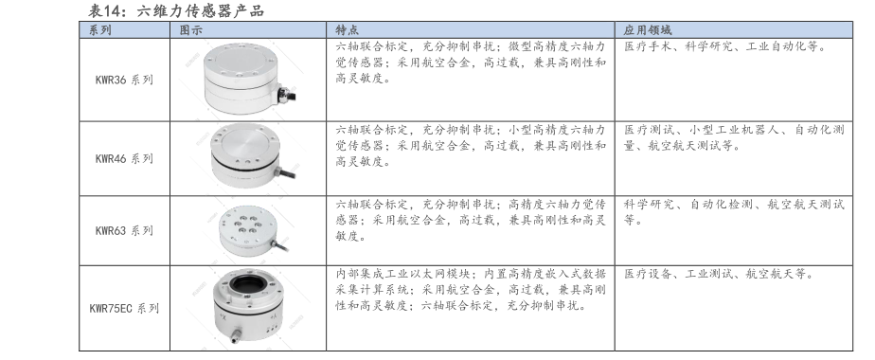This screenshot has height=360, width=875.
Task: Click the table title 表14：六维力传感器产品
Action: coord(176,10)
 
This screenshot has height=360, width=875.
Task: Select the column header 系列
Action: coord(100,30)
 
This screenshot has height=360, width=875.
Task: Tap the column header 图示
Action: coord(191,30)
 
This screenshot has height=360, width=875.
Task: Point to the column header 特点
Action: coord(348,30)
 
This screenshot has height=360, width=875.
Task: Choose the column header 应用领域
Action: coord(648,30)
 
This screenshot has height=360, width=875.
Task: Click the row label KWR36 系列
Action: coord(124,80)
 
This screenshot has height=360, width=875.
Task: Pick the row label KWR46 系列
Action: coord(124,158)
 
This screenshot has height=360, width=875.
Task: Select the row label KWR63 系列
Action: coord(124,230)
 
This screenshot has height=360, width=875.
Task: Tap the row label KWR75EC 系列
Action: coord(124,308)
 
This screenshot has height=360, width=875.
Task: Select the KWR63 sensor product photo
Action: coord(252,230)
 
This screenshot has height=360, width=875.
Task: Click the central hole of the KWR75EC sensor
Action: coord(247,284)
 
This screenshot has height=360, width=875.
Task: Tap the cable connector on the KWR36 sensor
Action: coord(286,93)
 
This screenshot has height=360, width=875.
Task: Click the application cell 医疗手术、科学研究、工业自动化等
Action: coord(724,46)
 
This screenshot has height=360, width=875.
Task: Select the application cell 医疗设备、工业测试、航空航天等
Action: coord(719,274)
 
